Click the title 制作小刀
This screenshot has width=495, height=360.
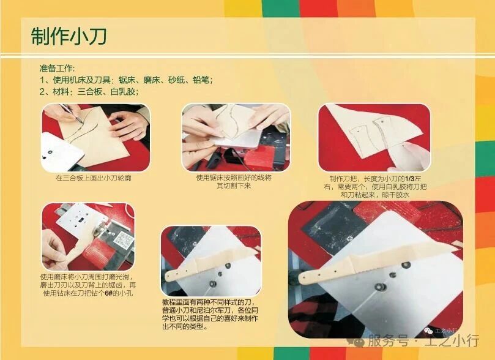pyautogui.click(x=69, y=36)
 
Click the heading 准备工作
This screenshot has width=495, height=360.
pyautogui.click(x=56, y=68)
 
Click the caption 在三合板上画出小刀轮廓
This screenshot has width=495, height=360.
pyautogui.click(x=94, y=178)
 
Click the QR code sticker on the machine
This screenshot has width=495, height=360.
pyautogui.click(x=123, y=241)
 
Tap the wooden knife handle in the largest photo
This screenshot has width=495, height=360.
pyautogui.click(x=325, y=272)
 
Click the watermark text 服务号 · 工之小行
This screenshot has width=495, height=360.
pyautogui.click(x=423, y=341)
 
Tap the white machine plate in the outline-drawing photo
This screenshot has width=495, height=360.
pyautogui.click(x=61, y=151)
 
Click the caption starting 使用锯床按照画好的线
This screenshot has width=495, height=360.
pyautogui.click(x=234, y=182)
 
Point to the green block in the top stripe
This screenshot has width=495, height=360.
pyautogui.click(x=280, y=8)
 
